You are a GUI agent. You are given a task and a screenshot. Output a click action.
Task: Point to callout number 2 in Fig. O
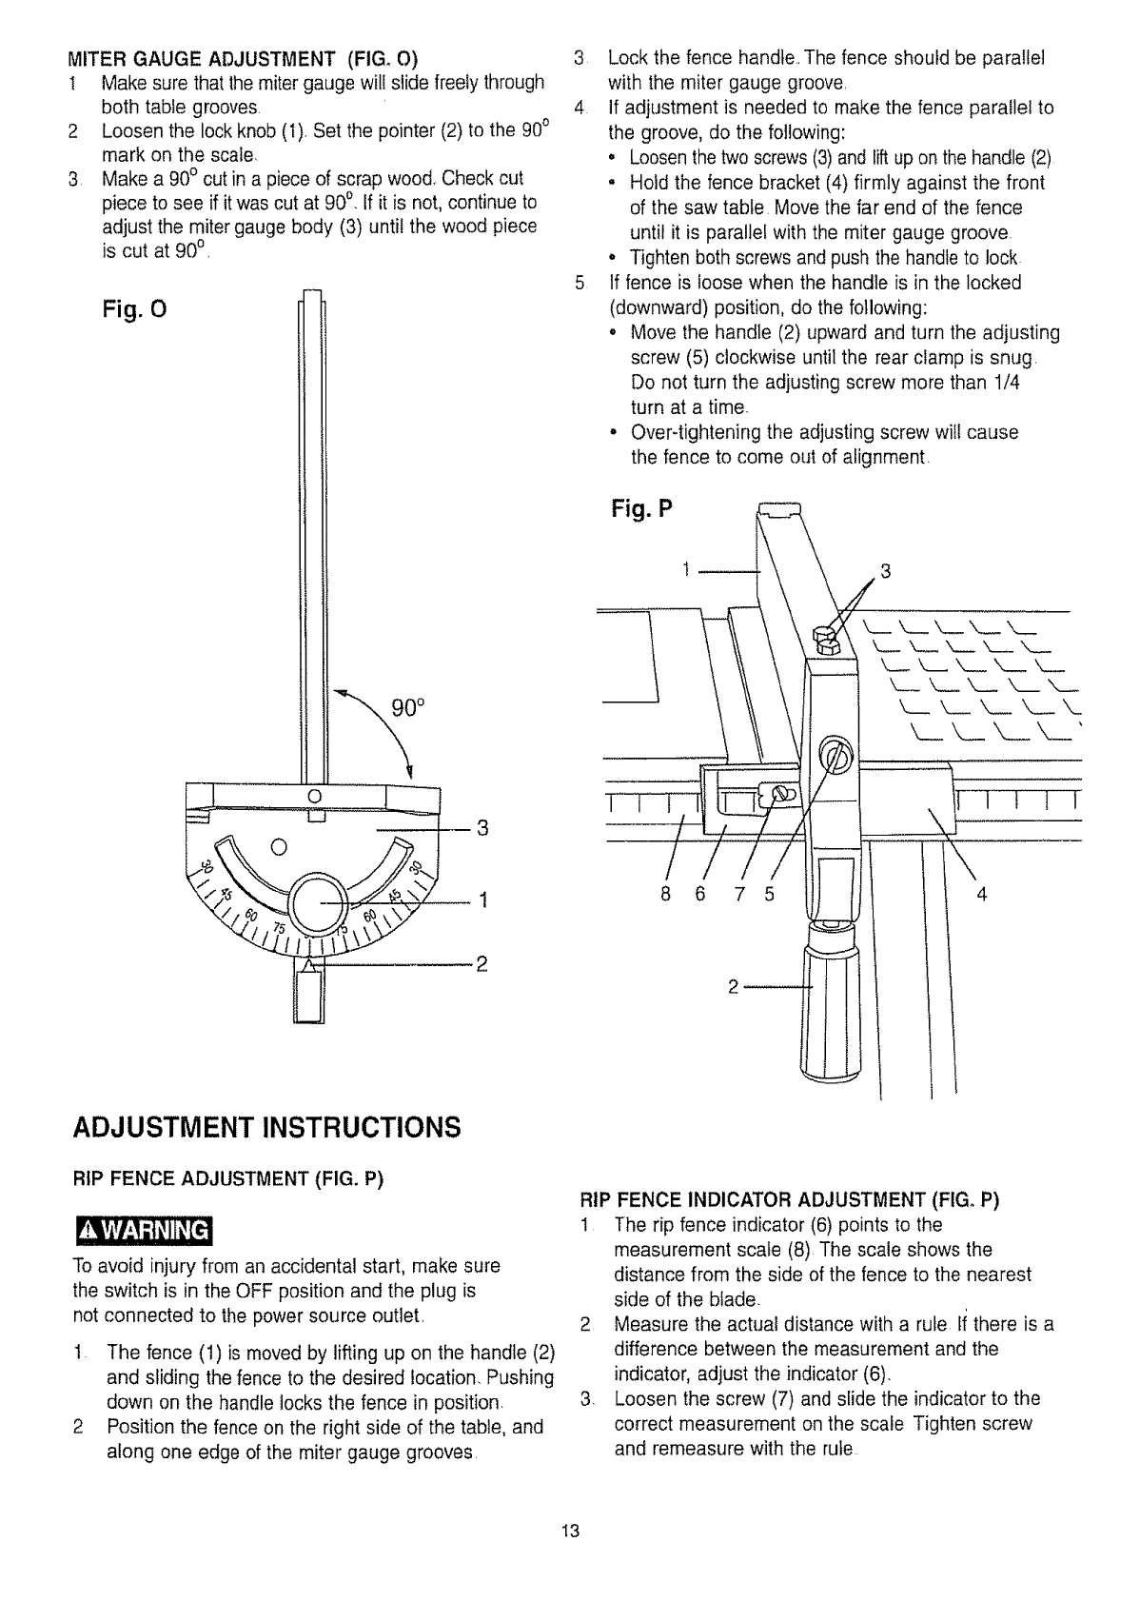click(482, 965)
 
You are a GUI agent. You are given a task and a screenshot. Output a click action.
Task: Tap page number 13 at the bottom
click(570, 1532)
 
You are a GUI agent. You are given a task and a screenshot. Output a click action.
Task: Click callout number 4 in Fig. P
click(982, 894)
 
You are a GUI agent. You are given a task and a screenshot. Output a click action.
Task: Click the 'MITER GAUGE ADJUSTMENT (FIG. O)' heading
click(246, 56)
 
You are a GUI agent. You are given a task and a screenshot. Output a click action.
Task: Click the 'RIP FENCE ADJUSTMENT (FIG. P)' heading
click(227, 1180)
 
